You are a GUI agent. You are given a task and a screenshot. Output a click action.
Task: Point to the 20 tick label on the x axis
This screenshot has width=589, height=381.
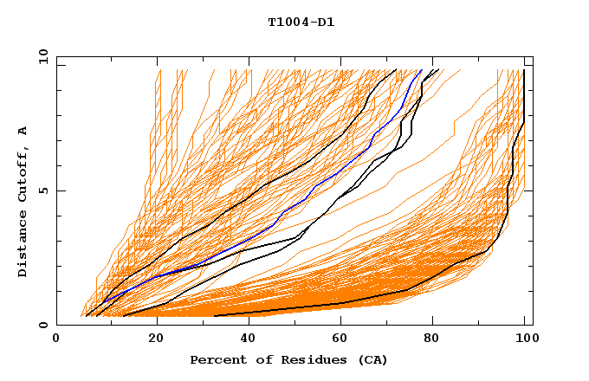click(151, 341)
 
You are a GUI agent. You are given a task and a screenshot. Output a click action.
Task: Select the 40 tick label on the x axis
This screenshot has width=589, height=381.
click(244, 341)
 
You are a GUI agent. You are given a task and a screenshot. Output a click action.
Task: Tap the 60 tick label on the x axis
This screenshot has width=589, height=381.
click(338, 341)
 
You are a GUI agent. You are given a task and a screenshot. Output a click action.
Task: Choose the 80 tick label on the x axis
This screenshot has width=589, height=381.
click(431, 341)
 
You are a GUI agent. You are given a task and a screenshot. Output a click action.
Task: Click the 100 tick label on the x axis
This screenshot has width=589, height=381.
click(525, 341)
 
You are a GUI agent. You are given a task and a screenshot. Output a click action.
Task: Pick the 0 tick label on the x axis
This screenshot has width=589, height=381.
click(57, 341)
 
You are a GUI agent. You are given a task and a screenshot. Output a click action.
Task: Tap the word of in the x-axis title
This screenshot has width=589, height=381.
click(263, 359)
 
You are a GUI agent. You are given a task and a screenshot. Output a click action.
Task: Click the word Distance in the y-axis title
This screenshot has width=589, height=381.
click(23, 246)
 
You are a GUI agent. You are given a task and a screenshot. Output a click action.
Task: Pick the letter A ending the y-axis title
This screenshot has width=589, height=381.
click(23, 131)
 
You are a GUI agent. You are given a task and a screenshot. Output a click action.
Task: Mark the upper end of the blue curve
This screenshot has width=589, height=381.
click(421, 71)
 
